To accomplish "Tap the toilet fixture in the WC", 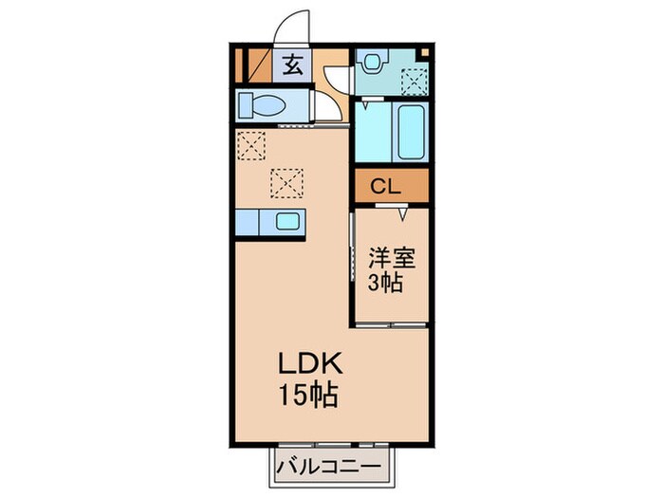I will coord(261,104).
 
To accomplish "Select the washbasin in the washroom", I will coord(372,62).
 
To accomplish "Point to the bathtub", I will coord(412,132).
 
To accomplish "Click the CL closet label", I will coord(385,186).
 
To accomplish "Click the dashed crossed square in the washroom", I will coord(414,83).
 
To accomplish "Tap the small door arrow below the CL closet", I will coord(404,214).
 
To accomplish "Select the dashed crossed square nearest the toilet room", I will coord(251,146).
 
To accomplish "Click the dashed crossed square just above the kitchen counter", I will coord(287,180).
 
